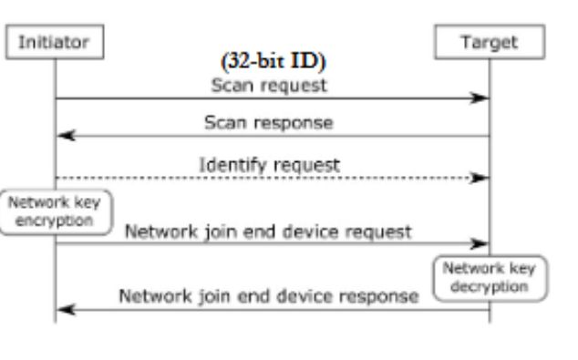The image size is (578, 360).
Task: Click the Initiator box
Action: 54,43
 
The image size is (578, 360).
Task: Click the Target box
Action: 490,43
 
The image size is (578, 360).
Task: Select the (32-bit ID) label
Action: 274,63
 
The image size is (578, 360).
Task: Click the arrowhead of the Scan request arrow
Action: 480,98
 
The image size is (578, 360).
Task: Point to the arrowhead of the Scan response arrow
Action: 64,136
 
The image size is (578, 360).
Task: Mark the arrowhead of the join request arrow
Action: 480,243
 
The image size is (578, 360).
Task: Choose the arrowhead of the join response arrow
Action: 64,310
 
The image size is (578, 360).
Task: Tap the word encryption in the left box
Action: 55,220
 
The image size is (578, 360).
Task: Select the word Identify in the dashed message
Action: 227,165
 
